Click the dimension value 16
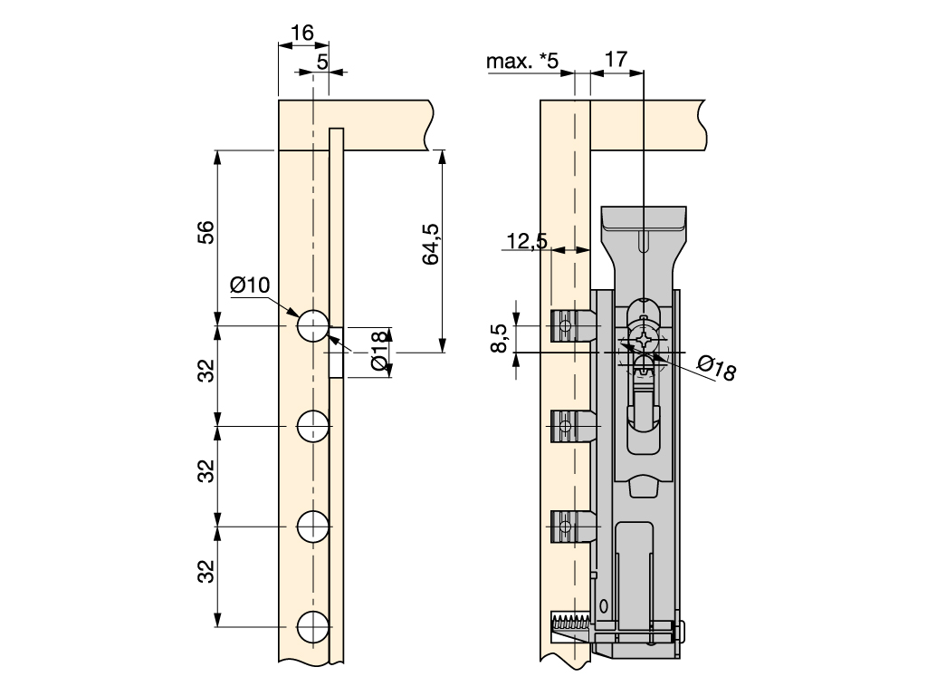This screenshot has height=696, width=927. click(301, 34)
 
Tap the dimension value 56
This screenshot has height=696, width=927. click(206, 233)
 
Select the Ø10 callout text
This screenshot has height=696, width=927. click(250, 285)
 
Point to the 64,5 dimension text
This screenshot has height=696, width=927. click(432, 244)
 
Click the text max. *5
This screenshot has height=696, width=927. click(523, 62)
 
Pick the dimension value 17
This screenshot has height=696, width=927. click(616, 60)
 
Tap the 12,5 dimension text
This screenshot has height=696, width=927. click(527, 241)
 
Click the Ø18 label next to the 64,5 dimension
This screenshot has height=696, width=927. click(380, 352)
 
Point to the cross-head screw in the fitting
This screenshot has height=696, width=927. click(643, 343)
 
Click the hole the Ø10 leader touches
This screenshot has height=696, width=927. click(313, 325)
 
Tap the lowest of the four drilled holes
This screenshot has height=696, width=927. click(313, 626)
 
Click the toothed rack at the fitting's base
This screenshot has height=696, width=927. click(569, 623)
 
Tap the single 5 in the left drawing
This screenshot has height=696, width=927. click(323, 62)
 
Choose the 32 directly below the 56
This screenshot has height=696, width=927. click(206, 371)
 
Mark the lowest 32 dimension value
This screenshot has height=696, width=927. click(206, 572)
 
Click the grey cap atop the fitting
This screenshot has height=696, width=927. click(645, 218)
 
